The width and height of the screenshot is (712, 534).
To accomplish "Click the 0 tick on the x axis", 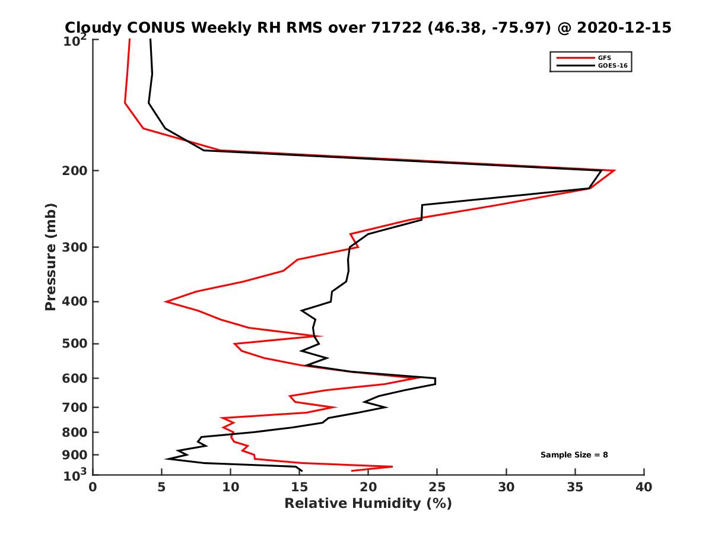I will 93,487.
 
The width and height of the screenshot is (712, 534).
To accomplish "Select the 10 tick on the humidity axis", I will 231,487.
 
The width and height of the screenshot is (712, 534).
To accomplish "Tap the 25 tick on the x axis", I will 437,487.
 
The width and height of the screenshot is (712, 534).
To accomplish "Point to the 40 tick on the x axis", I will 644,487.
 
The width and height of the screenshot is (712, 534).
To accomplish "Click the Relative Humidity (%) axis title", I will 368,504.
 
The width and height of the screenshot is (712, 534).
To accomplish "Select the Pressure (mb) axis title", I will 50,257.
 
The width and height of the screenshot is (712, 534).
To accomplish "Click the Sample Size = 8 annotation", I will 574,455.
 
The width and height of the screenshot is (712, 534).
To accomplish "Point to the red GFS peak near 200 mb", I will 615,170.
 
